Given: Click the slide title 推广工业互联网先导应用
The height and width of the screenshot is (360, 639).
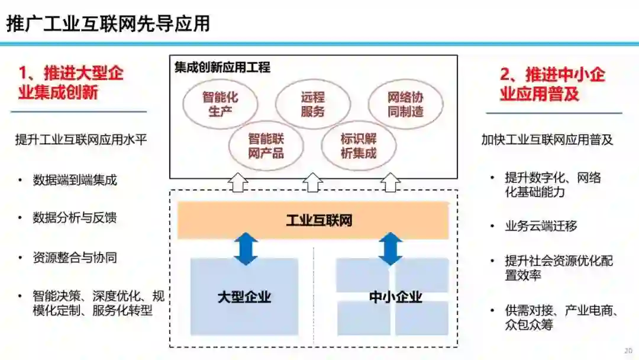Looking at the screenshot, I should pyautogui.click(x=108, y=23).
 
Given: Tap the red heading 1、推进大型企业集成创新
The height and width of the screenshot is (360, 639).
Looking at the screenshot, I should pyautogui.click(x=70, y=83).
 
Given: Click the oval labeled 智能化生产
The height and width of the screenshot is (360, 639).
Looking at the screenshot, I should pyautogui.click(x=220, y=104).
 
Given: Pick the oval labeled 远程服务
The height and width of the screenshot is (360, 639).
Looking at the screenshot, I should pyautogui.click(x=312, y=104).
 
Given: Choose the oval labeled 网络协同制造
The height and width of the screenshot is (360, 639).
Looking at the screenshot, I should pyautogui.click(x=405, y=104).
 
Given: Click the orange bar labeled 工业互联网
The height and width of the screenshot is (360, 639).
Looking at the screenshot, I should pyautogui.click(x=313, y=221).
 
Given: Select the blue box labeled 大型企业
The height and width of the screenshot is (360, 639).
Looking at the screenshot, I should pyautogui.click(x=244, y=297).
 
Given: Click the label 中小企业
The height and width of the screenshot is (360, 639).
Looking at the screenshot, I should pyautogui.click(x=395, y=297).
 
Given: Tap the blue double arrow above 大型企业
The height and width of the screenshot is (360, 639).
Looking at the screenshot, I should pyautogui.click(x=246, y=249).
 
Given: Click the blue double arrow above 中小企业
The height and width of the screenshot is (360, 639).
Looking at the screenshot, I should pyautogui.click(x=390, y=249).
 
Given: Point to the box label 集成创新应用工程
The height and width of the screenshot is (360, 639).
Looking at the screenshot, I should pyautogui.click(x=222, y=67).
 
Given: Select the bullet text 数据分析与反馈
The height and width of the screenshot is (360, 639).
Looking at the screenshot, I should pyautogui.click(x=75, y=217).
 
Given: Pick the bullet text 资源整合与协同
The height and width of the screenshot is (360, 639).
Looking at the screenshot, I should pyautogui.click(x=75, y=258).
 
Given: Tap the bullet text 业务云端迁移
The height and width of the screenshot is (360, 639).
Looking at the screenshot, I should pyautogui.click(x=541, y=226).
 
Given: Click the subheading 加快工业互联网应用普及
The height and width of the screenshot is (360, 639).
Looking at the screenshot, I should pyautogui.click(x=547, y=140).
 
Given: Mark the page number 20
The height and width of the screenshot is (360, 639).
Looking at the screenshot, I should pyautogui.click(x=628, y=350).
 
